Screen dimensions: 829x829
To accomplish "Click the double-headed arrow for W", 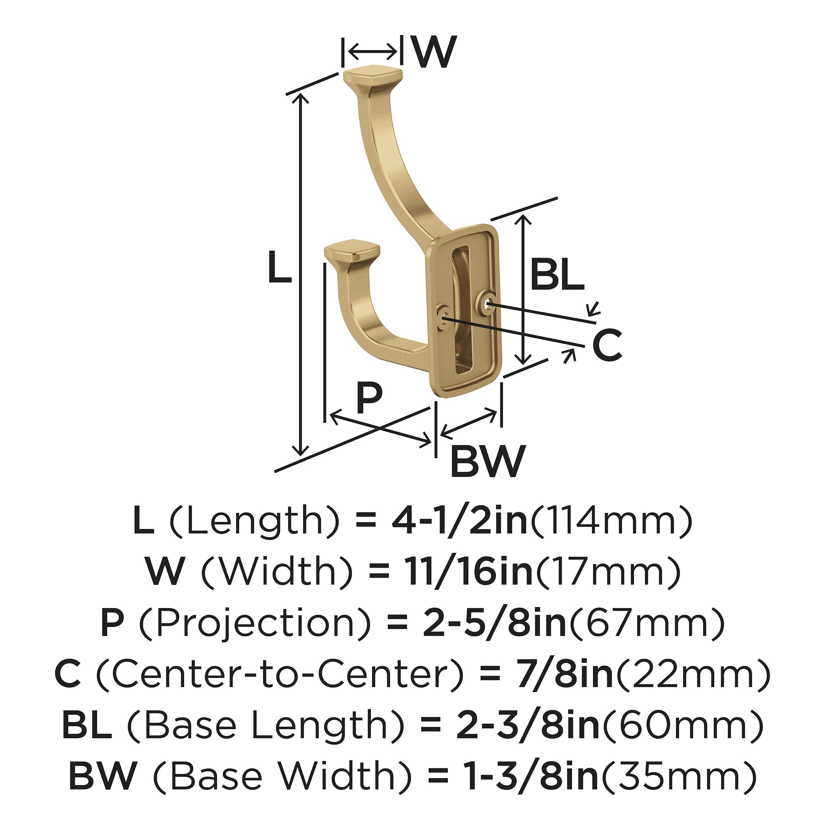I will point(372,52).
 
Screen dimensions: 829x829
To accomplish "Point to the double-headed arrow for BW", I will point(469,423).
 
